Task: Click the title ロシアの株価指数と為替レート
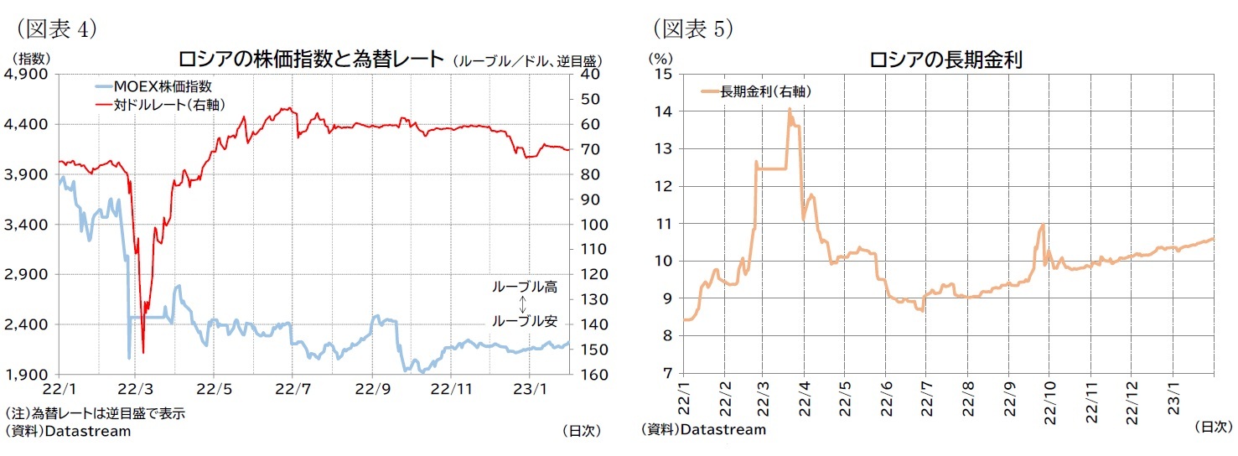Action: (310, 59)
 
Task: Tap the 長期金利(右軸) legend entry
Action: (761, 91)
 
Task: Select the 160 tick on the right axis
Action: (588, 375)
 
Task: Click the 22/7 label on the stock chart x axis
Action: (291, 390)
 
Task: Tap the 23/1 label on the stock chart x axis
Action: (531, 390)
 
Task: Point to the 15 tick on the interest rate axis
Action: (665, 75)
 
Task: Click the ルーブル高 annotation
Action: (524, 288)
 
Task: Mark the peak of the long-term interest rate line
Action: (789, 109)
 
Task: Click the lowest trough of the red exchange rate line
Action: (143, 352)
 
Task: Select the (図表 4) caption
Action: (54, 29)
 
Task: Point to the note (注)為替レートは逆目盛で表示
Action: (95, 413)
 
